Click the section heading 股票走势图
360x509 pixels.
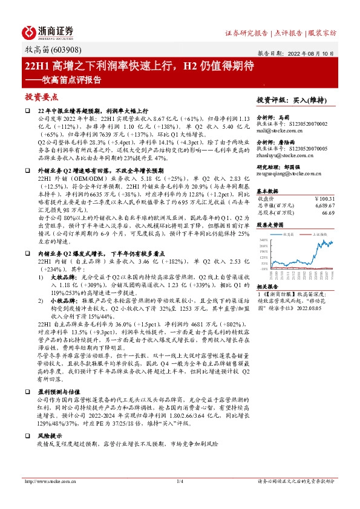click(270, 224)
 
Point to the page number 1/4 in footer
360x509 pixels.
click(180, 481)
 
